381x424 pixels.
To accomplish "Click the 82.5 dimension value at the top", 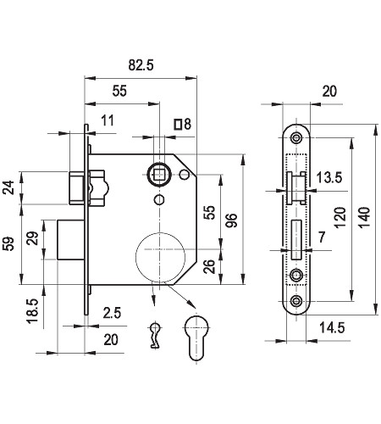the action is point(141,65).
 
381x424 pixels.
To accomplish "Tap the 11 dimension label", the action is point(108,120).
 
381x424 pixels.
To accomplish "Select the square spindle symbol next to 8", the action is point(178,124).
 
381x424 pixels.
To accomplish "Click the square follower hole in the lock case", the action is point(159,175).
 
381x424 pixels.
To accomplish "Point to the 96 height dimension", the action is point(231,220).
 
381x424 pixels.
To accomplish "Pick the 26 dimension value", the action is point(209,266).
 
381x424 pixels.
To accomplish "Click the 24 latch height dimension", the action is point(8,187).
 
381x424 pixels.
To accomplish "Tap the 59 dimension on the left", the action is point(8,243).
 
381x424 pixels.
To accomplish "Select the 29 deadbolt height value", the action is point(33,238).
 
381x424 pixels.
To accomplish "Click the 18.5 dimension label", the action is point(33,311).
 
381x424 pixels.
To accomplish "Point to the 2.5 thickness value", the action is point(112,313).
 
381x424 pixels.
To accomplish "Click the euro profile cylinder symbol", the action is point(196,338).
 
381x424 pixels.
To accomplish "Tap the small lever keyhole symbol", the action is point(154,335).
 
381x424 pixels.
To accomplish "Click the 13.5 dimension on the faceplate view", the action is point(329,177).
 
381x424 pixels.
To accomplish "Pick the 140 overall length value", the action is point(364,218).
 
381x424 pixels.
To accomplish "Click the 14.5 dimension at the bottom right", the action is point(332,328).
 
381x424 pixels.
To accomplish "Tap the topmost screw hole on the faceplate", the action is point(296,138).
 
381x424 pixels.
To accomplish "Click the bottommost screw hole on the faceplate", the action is point(296,301).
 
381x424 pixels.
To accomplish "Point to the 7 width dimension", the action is point(322,237).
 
